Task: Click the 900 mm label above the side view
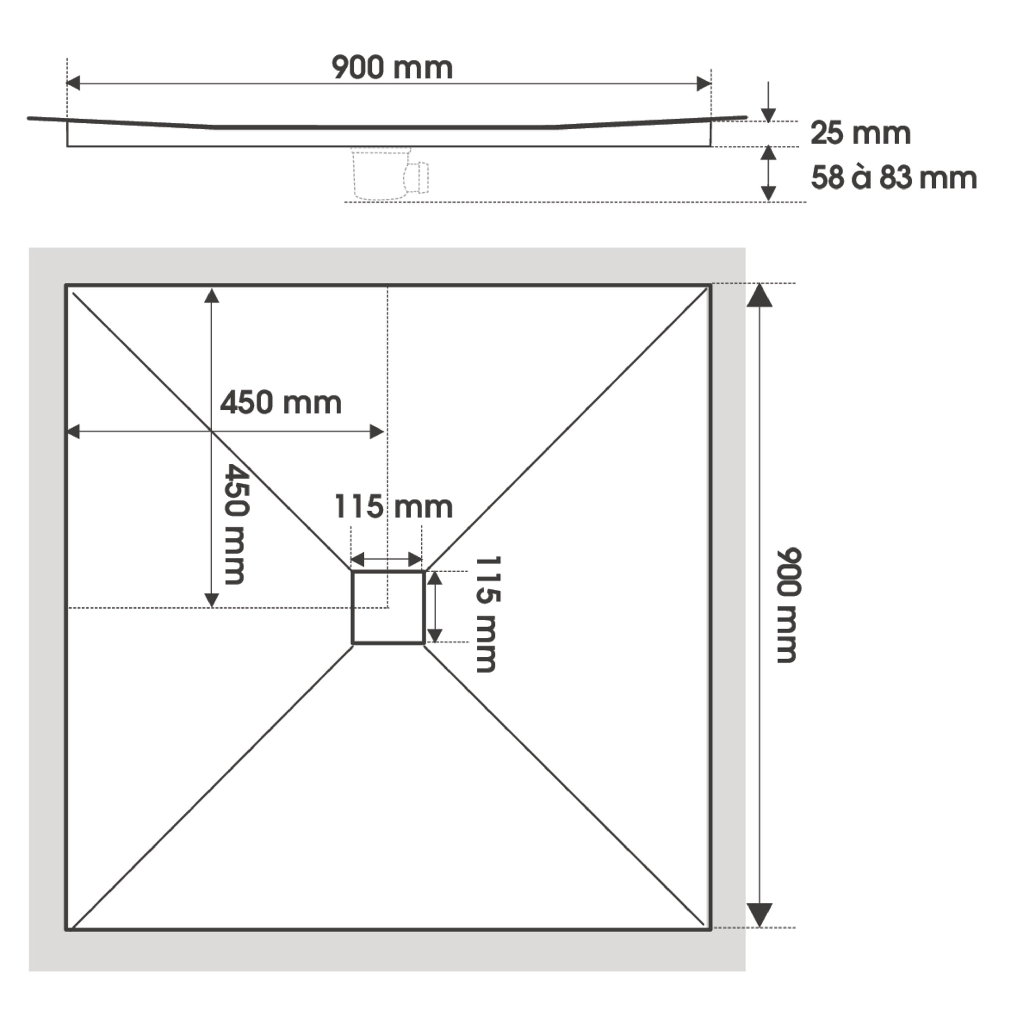[x=392, y=68]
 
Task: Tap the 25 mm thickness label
[x=860, y=133]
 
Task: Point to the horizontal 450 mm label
[x=281, y=403]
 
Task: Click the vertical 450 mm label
[x=235, y=524]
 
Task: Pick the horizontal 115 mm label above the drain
[x=393, y=507]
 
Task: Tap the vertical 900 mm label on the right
[x=789, y=605]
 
